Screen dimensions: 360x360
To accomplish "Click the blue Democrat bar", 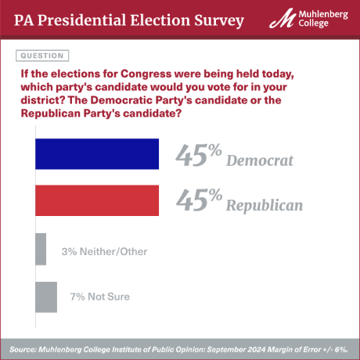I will tap(97, 154).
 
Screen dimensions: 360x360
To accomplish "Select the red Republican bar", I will tap(97, 200).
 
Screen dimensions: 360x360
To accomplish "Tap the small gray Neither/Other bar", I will tap(41, 250).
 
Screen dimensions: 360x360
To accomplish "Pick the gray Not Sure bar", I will tap(46, 297).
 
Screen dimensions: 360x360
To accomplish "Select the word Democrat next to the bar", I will tap(259, 161).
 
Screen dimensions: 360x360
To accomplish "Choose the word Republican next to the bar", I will tap(265, 207).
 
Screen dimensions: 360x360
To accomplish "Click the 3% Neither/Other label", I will tap(104, 251).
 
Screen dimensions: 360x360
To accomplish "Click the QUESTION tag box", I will tap(41, 56).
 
